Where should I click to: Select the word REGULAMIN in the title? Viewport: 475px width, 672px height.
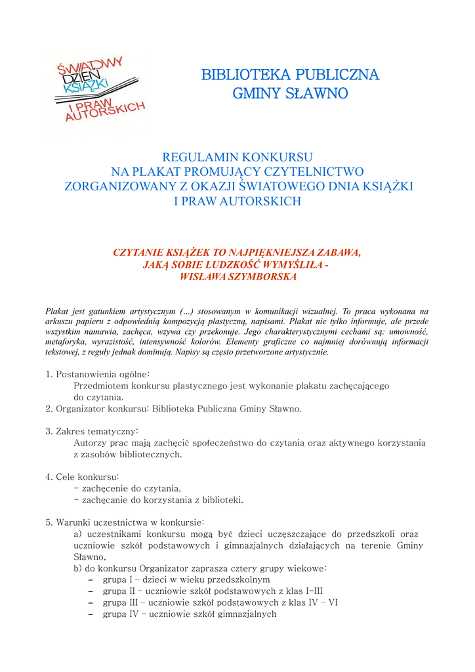(201, 157)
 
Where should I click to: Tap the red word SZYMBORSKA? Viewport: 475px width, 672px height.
(256, 277)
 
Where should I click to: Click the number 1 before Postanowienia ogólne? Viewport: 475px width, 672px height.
(49, 374)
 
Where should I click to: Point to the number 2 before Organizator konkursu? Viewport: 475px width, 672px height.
(49, 409)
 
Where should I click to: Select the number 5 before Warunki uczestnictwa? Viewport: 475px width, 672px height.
(49, 522)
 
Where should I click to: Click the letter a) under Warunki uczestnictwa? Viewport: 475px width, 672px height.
(77, 534)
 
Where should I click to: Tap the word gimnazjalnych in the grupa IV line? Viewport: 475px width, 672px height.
(247, 615)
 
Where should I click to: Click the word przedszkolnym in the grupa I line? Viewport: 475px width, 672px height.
(238, 580)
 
